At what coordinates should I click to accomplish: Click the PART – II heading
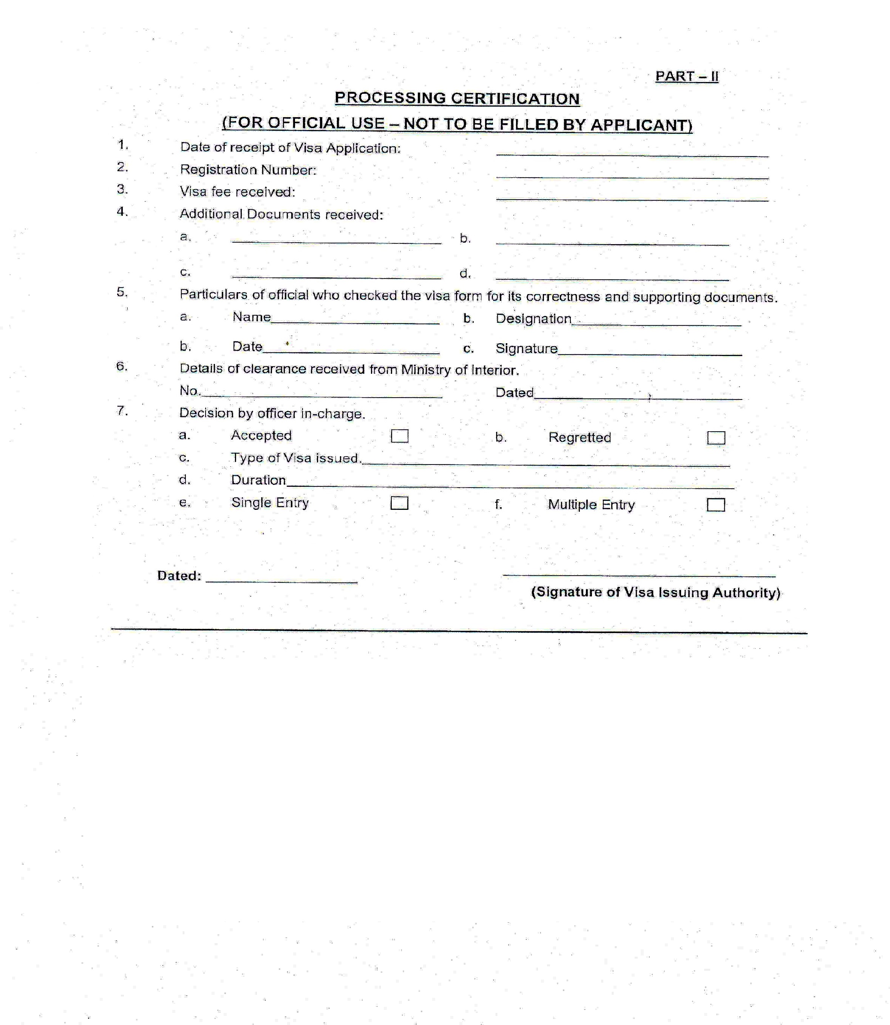(686, 76)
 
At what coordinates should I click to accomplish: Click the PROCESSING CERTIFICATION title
(457, 98)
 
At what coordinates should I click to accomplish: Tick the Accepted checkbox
(399, 436)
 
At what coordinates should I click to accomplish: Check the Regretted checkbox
(716, 438)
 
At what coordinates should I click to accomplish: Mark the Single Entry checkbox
(399, 503)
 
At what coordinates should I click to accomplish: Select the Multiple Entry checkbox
(716, 505)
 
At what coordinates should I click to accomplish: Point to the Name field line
(355, 322)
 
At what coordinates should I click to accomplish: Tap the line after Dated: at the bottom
(281, 580)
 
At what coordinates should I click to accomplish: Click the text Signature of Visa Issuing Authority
(655, 592)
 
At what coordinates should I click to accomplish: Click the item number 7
(122, 411)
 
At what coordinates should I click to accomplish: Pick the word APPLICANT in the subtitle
(640, 125)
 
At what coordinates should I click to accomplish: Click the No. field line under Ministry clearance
(322, 395)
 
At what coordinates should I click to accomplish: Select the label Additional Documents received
(281, 214)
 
